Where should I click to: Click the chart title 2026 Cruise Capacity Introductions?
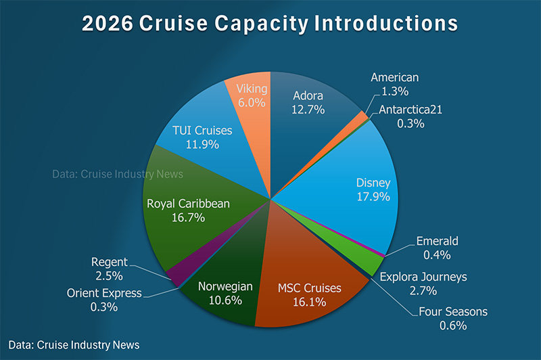pyautogui.click(x=270, y=24)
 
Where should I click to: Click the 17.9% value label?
pyautogui.click(x=373, y=196)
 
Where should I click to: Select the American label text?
pyautogui.click(x=395, y=78)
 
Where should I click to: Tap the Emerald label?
pyautogui.click(x=438, y=241)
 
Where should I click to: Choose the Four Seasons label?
pyautogui.click(x=453, y=312)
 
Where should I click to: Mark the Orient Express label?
pyautogui.click(x=104, y=293)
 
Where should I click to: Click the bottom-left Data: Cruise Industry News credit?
pyautogui.click(x=74, y=345)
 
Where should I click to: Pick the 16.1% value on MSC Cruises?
pyautogui.click(x=310, y=302)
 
